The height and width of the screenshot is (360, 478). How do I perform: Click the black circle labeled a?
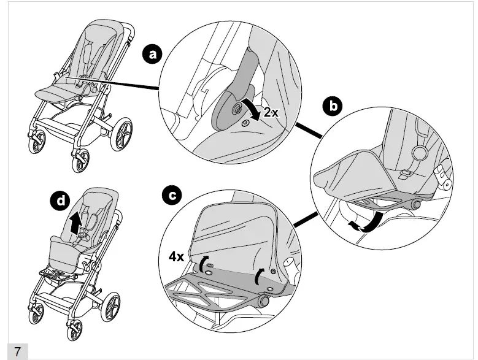coord(152,55)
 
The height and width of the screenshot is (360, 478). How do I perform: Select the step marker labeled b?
coord(333,106)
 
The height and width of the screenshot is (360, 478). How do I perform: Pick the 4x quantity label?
coord(177,256)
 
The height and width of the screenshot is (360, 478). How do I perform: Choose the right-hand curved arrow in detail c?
coord(258,277)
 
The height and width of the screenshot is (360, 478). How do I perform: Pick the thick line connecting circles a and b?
coord(310,129)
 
